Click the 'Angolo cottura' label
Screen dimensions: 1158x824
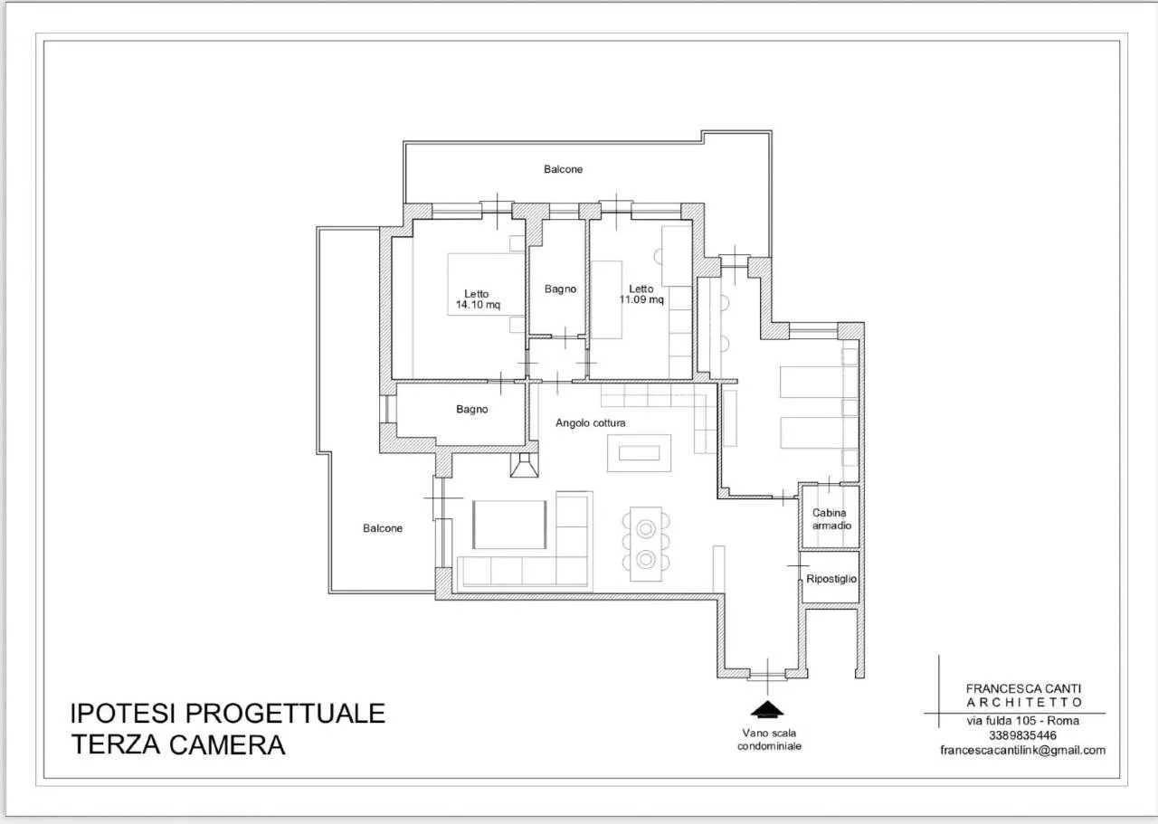tap(591, 423)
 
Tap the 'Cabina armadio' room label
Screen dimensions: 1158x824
tap(831, 519)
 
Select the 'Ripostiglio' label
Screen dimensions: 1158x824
tap(831, 579)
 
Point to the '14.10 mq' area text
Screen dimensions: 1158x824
tap(478, 305)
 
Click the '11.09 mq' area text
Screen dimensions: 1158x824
tap(641, 299)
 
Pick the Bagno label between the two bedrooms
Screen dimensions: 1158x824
tap(560, 289)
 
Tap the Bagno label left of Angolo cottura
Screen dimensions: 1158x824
tap(472, 410)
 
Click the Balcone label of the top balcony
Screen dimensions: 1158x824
tap(563, 169)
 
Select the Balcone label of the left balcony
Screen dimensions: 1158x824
tap(383, 528)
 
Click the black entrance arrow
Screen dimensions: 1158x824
tap(767, 710)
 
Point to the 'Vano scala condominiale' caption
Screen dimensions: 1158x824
tap(769, 740)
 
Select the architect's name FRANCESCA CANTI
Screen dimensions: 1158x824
tap(1023, 688)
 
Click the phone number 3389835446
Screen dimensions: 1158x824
tap(1022, 735)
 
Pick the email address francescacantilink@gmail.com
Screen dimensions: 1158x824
tap(1022, 750)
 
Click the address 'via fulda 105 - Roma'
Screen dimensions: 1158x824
tap(1022, 721)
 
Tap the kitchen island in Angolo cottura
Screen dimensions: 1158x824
tap(639, 453)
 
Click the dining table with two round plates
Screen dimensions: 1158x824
tap(646, 544)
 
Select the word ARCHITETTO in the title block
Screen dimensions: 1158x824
tap(1024, 703)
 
